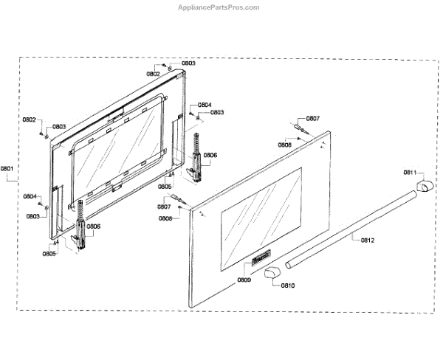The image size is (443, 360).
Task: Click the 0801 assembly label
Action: pyautogui.click(x=7, y=168)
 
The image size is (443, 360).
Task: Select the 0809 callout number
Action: pyautogui.click(x=244, y=280)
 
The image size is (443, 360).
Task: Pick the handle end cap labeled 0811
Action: pyautogui.click(x=424, y=185)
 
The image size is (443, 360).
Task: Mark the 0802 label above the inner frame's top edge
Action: pyautogui.click(x=153, y=74)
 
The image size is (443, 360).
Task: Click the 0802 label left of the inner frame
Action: pyautogui.click(x=29, y=120)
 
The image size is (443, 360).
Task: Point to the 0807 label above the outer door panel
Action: pyautogui.click(x=313, y=119)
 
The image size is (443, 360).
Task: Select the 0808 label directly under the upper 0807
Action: pyautogui.click(x=284, y=145)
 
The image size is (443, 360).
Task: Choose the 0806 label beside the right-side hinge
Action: pyautogui.click(x=210, y=155)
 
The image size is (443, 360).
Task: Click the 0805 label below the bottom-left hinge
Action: pyautogui.click(x=49, y=254)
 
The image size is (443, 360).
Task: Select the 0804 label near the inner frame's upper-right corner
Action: pyautogui.click(x=205, y=104)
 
